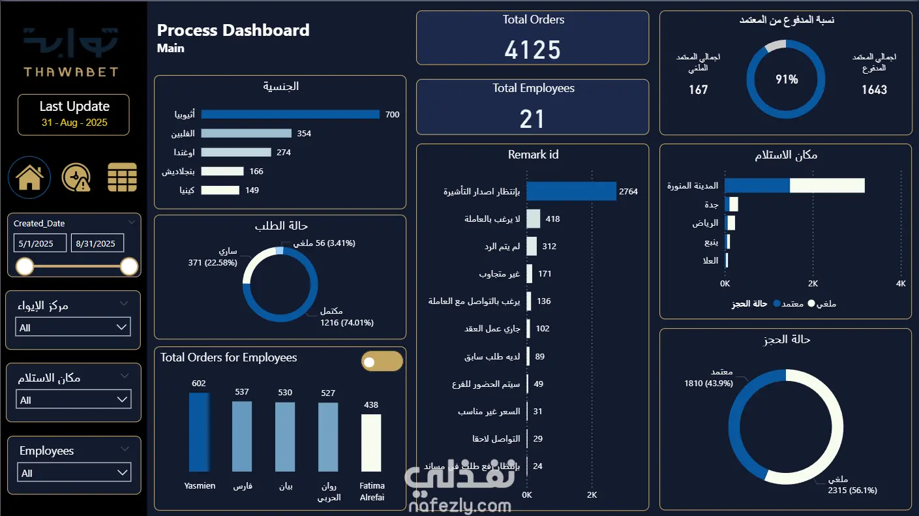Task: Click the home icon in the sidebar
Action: [29, 177]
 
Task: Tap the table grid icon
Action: [122, 177]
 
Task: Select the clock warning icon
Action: [76, 177]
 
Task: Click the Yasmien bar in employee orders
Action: [200, 432]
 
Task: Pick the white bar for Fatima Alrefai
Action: [371, 442]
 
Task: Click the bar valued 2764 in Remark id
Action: [571, 191]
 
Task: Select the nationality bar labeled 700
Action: [290, 114]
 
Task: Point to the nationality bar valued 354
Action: [246, 133]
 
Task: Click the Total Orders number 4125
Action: [532, 50]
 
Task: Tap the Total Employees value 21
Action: [532, 119]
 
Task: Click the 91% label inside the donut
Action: [787, 80]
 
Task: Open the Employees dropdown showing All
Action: [74, 473]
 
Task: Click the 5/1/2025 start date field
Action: [40, 243]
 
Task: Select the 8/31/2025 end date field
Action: [97, 243]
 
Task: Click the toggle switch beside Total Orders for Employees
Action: [382, 361]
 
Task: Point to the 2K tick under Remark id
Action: [592, 494]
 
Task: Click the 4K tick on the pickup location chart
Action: [901, 284]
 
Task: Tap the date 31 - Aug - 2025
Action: [74, 123]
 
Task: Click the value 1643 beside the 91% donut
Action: [874, 89]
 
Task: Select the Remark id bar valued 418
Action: [534, 219]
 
